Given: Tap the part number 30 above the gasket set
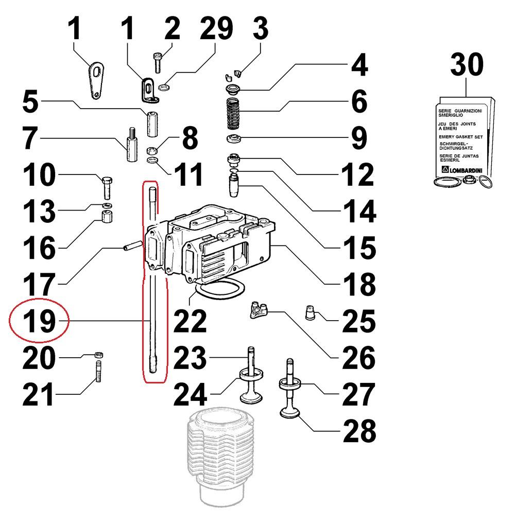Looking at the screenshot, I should (x=467, y=65).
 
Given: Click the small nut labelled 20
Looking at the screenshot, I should (x=99, y=354).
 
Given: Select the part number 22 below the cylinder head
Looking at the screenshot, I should (x=190, y=321).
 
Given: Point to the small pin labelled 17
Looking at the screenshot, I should (x=132, y=246).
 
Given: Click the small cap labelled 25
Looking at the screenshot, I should (x=311, y=313).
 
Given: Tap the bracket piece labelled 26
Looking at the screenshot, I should (x=260, y=310).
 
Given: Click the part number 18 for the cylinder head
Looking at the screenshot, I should (x=359, y=284).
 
